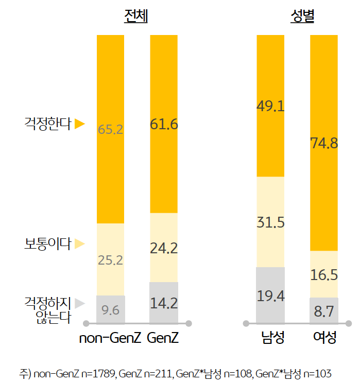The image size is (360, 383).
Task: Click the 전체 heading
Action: point(136,17)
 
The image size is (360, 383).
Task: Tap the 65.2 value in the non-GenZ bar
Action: point(110,129)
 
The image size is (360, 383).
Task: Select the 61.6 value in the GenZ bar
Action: point(164,124)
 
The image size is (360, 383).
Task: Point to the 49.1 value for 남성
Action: point(270,106)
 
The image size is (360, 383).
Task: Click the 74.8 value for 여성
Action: point(324,143)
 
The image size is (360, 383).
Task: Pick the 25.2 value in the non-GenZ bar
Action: point(110,260)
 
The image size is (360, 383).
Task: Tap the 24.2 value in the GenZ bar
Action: point(164,248)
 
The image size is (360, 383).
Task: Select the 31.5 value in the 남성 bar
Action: point(270,223)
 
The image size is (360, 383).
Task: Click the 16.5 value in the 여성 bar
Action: point(324,275)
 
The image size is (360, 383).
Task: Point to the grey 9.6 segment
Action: point(110,310)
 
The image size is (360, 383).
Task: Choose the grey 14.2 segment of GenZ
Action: point(164,303)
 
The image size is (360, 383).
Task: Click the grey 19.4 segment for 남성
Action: point(270,295)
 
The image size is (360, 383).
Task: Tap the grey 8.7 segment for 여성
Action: point(324,311)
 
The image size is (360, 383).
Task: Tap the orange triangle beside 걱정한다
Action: point(79,124)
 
